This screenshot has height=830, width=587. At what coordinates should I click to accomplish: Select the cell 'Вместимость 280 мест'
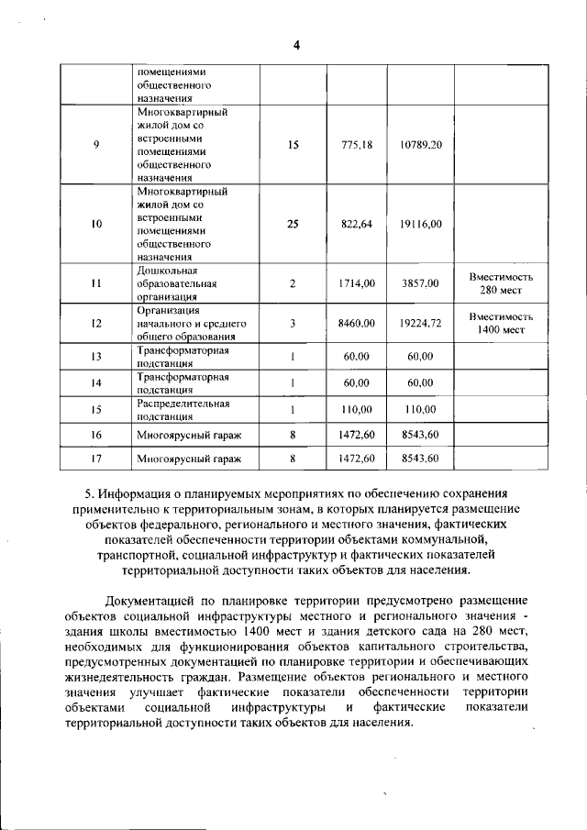501,283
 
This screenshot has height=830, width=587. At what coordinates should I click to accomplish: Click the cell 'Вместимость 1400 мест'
501,323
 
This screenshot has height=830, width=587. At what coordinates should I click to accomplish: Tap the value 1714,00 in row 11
357,284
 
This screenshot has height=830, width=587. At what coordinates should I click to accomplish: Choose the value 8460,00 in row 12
357,323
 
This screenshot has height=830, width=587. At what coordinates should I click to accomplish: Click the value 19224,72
421,323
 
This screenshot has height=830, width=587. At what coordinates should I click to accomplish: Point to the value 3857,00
421,284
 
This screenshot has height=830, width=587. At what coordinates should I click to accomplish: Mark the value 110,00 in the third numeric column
421,409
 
